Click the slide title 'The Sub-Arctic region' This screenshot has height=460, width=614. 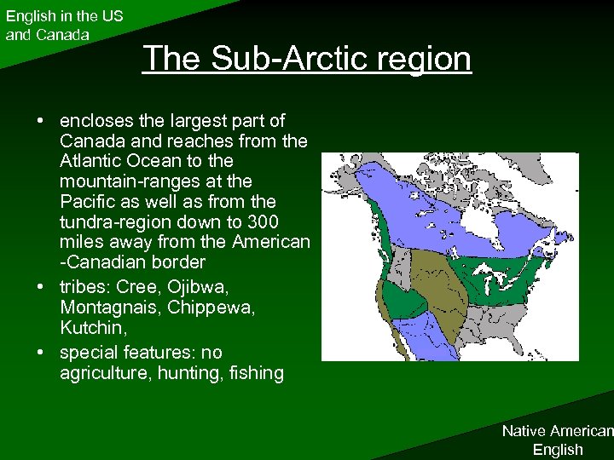click(307, 59)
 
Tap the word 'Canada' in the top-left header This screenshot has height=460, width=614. click(61, 35)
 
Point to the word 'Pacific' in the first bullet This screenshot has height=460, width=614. click(88, 202)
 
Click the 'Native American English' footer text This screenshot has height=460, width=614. click(557, 440)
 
